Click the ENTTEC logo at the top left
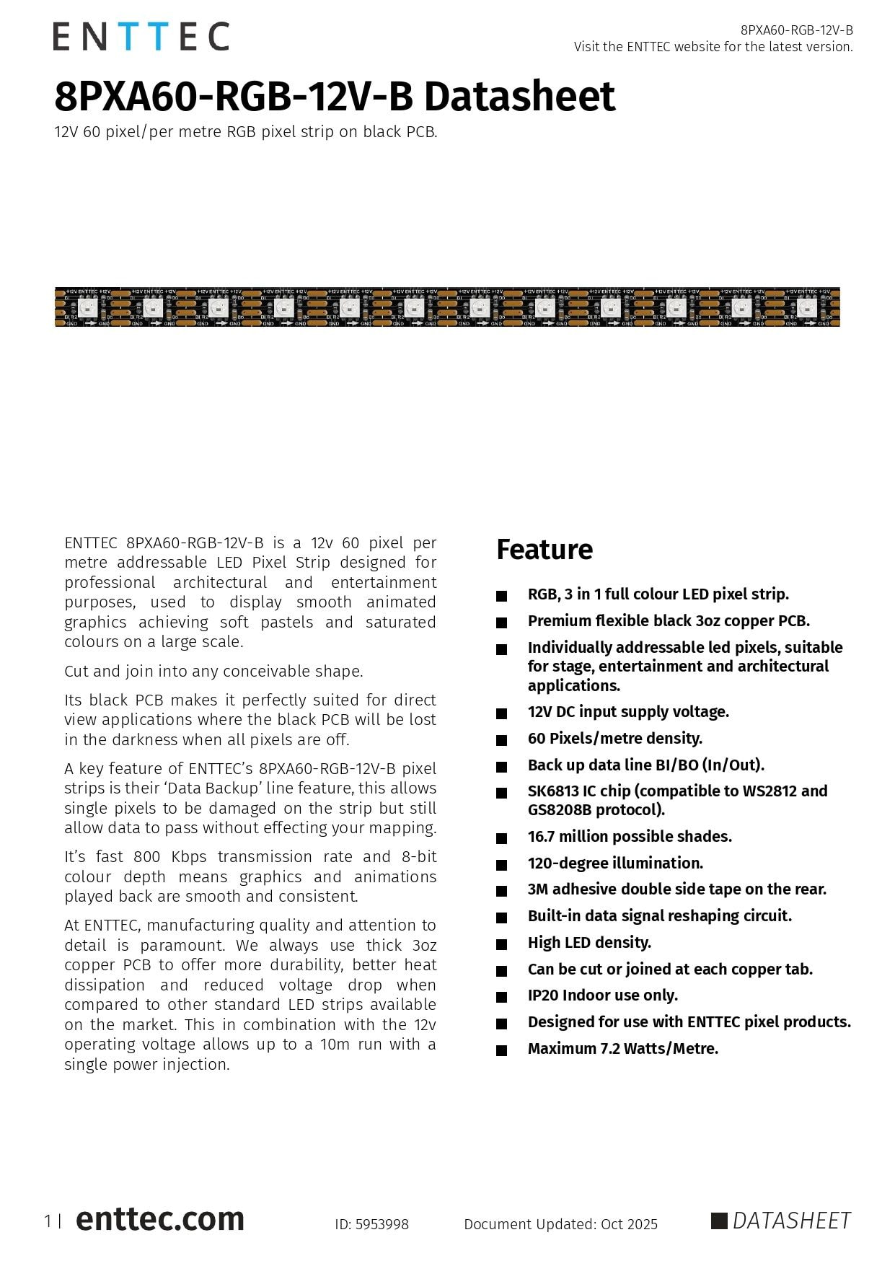[x=141, y=36]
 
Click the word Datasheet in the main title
[x=519, y=97]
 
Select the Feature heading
[x=544, y=550]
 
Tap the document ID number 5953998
[x=382, y=1224]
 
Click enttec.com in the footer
[x=159, y=1219]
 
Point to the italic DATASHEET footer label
[x=791, y=1221]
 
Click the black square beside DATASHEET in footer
[x=719, y=1221]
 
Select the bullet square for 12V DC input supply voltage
[x=501, y=713]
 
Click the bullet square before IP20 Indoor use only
[x=501, y=997]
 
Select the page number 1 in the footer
[x=48, y=1221]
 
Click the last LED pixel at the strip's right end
[x=806, y=308]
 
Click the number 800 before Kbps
[x=147, y=857]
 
